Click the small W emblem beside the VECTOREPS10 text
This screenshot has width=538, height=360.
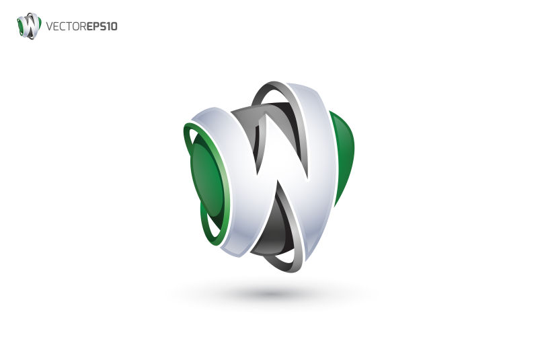(29, 26)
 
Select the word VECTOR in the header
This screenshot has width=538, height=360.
(66, 27)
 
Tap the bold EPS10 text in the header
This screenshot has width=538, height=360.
(102, 27)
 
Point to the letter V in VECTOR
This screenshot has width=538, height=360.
(50, 27)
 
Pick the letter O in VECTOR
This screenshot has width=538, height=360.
(75, 27)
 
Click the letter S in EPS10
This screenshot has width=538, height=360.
(103, 27)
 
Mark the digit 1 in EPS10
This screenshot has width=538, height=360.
(109, 27)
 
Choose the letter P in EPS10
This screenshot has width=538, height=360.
(96, 27)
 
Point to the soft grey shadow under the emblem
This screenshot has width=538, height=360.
(269, 293)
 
